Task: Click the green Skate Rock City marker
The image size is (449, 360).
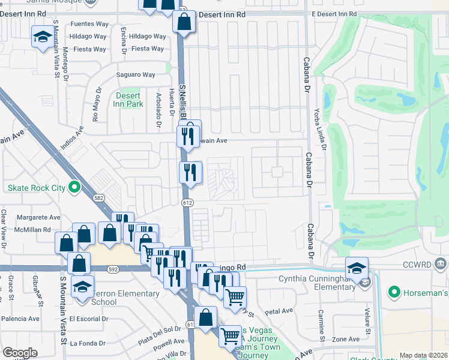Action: [x=74, y=188]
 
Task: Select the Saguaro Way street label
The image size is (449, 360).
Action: [x=136, y=75]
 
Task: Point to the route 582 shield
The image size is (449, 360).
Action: [x=98, y=197]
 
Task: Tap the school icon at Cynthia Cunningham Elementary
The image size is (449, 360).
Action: [x=357, y=268]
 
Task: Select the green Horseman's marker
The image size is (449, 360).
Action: [x=394, y=293]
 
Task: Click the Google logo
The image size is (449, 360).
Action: [x=20, y=352]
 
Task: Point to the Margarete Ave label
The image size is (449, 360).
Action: [x=38, y=217]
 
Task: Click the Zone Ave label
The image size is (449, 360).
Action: [x=346, y=339]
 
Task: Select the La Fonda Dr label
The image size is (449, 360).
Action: [x=88, y=343]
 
